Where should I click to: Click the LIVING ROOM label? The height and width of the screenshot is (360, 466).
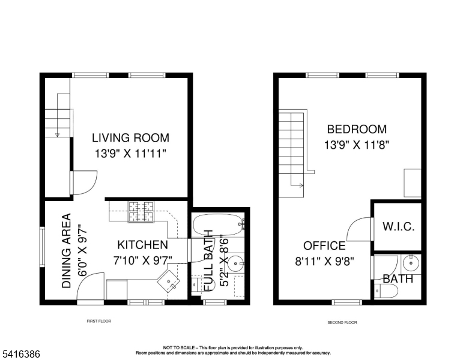point(130,138)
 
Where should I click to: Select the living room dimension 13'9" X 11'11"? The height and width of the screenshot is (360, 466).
point(130,154)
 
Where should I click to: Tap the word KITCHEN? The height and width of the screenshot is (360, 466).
point(142,245)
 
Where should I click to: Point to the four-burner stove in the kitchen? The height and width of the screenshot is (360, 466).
point(142,211)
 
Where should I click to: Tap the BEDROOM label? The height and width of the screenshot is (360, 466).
point(357,130)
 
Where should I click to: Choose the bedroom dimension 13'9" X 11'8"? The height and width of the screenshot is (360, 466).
point(357,145)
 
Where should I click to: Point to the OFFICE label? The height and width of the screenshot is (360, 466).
point(324,246)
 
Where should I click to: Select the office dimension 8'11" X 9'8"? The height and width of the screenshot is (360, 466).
point(324,261)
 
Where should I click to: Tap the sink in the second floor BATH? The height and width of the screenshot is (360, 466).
point(411,262)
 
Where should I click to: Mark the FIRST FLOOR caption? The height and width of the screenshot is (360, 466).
point(99,321)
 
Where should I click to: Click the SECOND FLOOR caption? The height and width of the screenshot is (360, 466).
point(342,322)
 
